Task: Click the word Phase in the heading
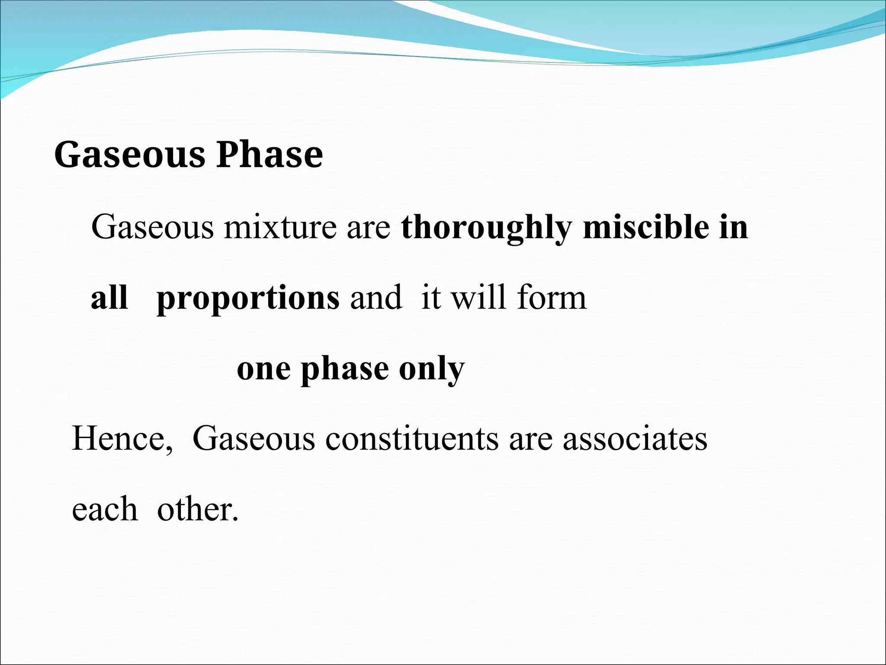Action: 270,155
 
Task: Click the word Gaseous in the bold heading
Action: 129,155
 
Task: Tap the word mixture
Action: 279,228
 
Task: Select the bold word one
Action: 263,370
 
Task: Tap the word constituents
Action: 412,439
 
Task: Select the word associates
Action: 635,439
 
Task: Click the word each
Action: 105,509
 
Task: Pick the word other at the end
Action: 197,509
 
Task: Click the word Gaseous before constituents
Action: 254,439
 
